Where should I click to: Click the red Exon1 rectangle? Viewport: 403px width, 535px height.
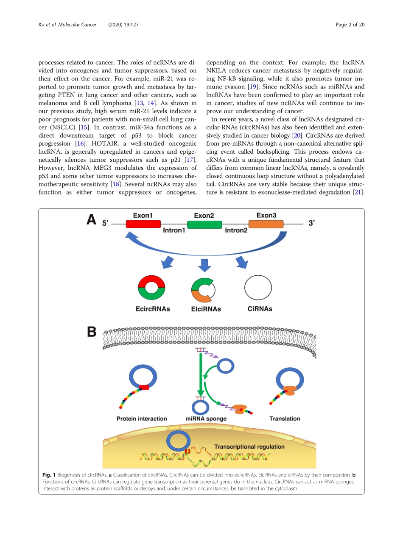pyautogui.click(x=143, y=224)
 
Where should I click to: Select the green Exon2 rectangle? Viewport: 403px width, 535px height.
pyautogui.click(x=204, y=224)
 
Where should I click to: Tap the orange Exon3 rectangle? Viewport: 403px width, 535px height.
pyautogui.click(x=266, y=224)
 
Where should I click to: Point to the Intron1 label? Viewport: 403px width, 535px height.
pyautogui.click(x=174, y=230)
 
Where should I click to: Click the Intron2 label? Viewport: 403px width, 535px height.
pyautogui.click(x=236, y=230)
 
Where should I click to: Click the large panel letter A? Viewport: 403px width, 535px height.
pyautogui.click(x=91, y=220)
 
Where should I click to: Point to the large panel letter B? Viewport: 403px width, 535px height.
pyautogui.click(x=91, y=331)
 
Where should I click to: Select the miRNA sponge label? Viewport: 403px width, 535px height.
pyautogui.click(x=206, y=419)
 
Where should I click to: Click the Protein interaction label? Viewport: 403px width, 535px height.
pyautogui.click(x=142, y=419)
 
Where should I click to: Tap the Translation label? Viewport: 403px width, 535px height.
pyautogui.click(x=285, y=419)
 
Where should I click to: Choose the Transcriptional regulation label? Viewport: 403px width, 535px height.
pyautogui.click(x=249, y=446)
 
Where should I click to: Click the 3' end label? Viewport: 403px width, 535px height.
pyautogui.click(x=311, y=223)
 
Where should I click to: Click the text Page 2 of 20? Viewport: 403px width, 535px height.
pyautogui.click(x=350, y=25)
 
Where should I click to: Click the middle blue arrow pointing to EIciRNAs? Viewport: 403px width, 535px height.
pyautogui.click(x=205, y=264)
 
